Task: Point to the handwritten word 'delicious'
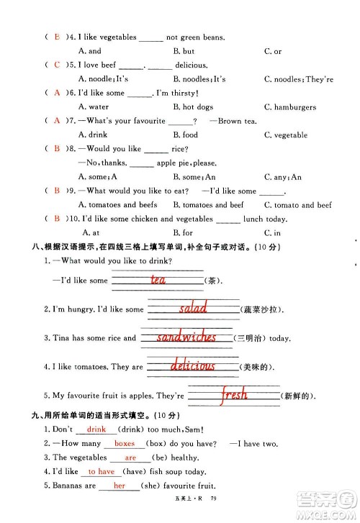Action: tap(192, 365)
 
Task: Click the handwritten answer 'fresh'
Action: tap(233, 394)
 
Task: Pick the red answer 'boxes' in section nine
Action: tap(125, 444)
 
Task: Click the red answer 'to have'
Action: tap(102, 471)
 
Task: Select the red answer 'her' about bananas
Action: tap(120, 486)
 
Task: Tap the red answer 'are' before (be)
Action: tap(130, 458)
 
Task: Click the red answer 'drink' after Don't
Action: tap(96, 429)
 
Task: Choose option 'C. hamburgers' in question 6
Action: tap(289, 107)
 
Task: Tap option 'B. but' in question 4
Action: tap(184, 51)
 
